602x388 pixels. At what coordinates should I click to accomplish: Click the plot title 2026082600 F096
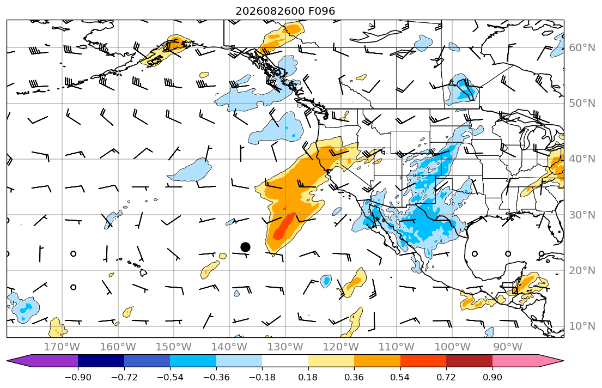[285, 11]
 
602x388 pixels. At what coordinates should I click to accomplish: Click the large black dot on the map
[245, 247]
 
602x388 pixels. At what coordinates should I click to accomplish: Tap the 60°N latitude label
[582, 47]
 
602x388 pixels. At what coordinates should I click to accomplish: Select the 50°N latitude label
[582, 104]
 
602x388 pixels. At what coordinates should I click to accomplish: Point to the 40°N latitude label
[582, 159]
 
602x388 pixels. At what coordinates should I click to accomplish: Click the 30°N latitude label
[582, 215]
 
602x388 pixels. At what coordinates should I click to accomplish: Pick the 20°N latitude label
[582, 270]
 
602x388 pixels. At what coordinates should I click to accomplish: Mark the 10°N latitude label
[582, 326]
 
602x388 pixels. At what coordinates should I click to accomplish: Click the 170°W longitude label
[62, 347]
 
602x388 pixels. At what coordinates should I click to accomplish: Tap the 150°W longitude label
[174, 347]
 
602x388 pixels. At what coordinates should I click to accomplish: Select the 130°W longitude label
[285, 347]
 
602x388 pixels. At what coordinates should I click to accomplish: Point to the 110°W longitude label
[397, 347]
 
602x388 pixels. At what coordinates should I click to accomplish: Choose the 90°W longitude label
[508, 347]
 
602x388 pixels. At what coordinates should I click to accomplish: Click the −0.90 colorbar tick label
[78, 377]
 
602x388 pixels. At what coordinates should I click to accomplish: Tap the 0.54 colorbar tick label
[400, 377]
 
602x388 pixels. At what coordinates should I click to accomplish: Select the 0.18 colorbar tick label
[308, 377]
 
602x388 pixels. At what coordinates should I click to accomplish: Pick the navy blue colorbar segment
[101, 361]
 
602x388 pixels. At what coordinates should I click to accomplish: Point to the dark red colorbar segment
[469, 361]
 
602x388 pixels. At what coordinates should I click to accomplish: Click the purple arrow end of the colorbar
[42, 361]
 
